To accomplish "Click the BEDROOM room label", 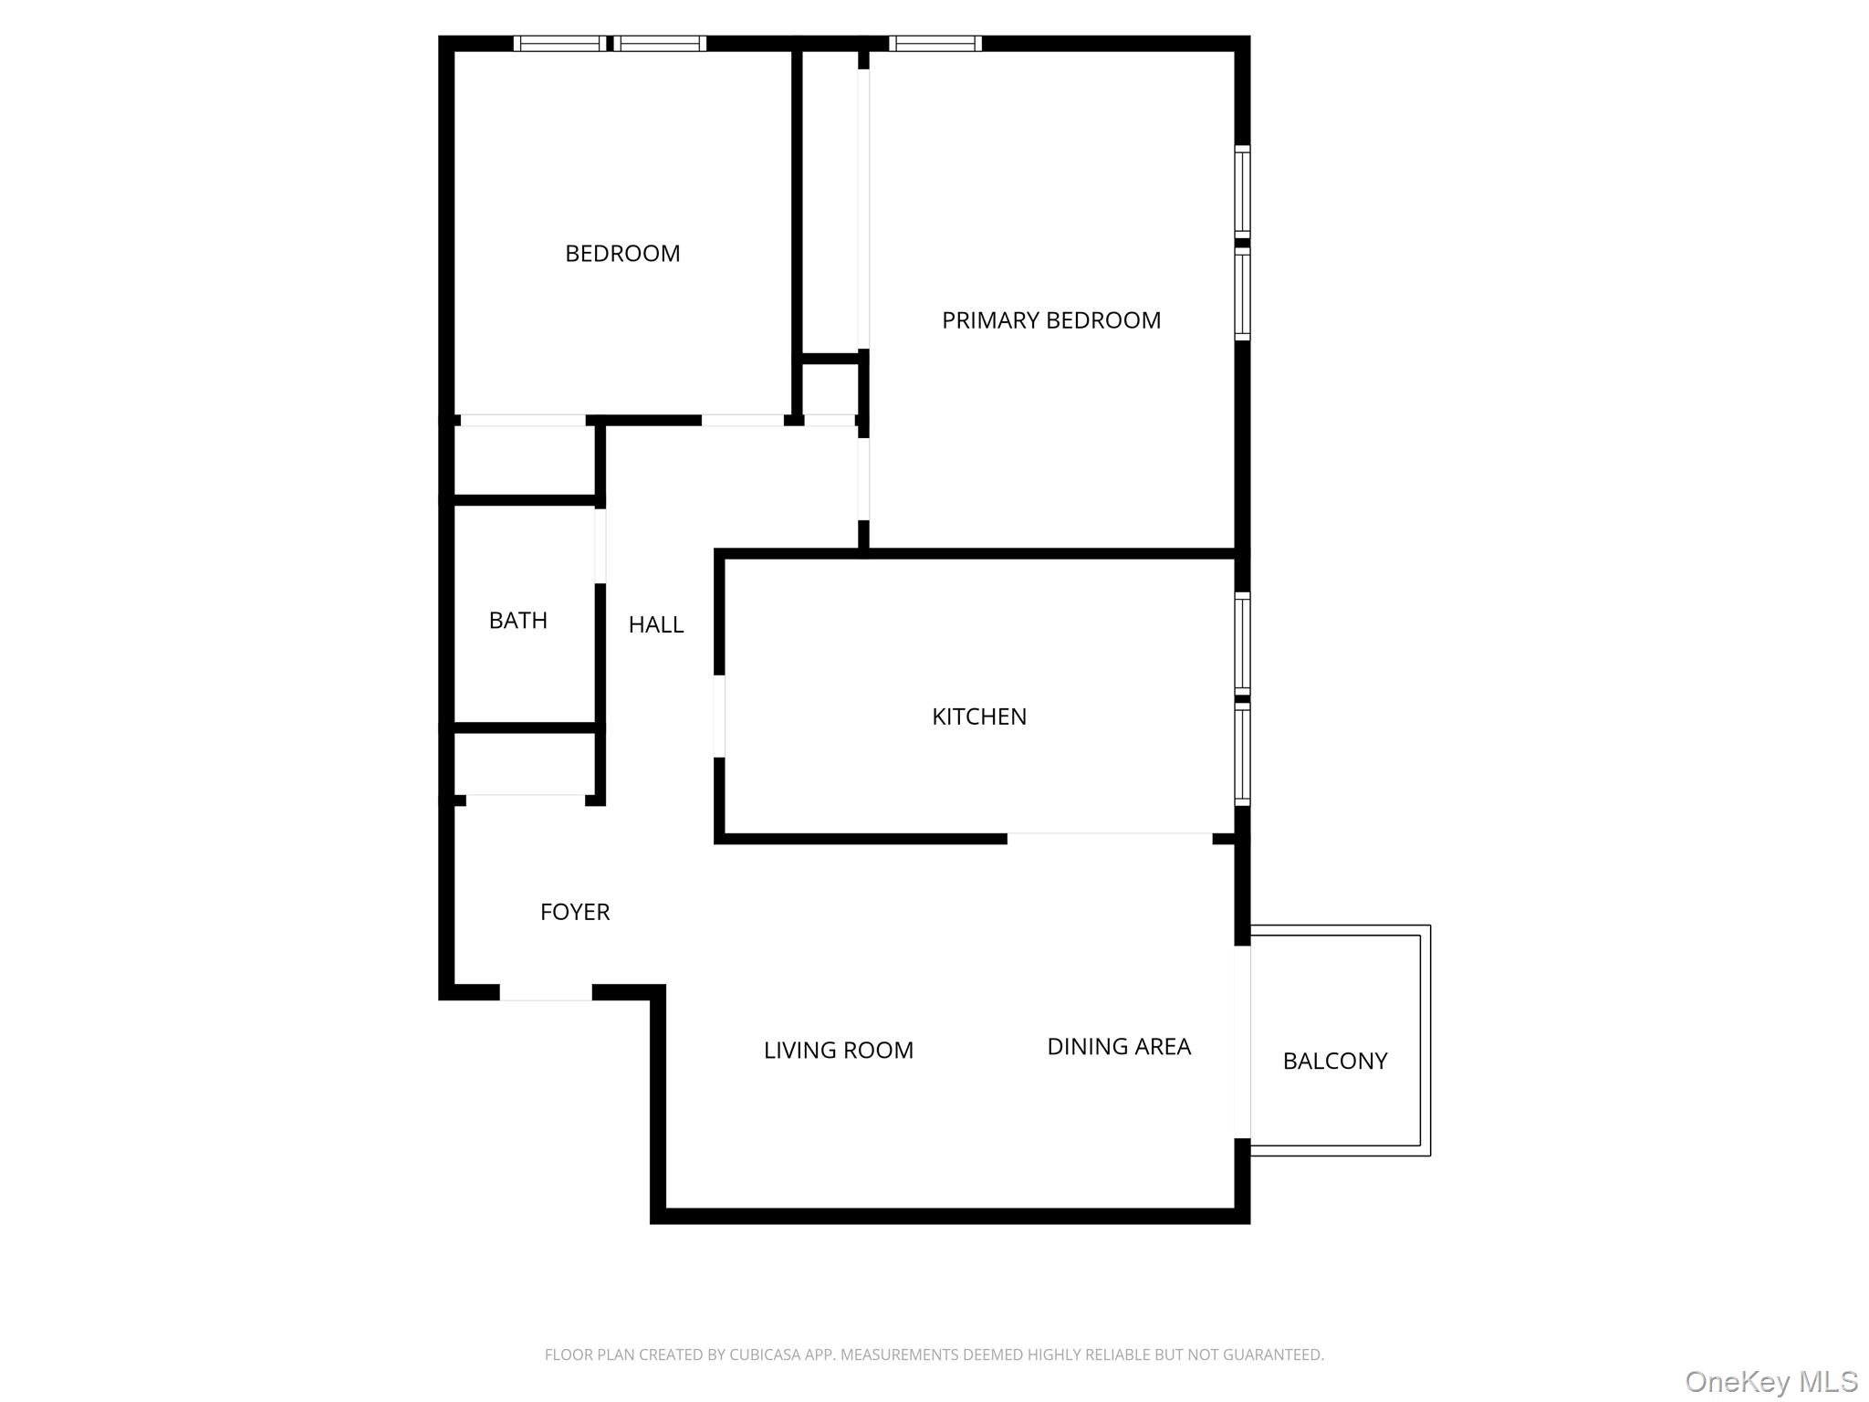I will tap(622, 254).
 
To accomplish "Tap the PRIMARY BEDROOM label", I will tap(1051, 320).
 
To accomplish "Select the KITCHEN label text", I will tap(979, 717).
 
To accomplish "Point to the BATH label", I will tap(518, 621).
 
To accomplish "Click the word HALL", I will tap(656, 625).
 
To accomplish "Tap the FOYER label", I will tap(575, 912).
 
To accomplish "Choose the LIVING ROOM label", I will tap(839, 1051).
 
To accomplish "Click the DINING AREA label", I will tap(1119, 1047).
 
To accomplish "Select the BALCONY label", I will tap(1335, 1061).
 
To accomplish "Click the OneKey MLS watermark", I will tap(1770, 1382).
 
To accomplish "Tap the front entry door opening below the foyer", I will tap(546, 992).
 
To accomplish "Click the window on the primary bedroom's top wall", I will tap(935, 43).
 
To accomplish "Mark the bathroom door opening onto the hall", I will tap(600, 546).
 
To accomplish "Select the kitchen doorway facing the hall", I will tap(719, 716).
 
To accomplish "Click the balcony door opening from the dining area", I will tap(1242, 1041).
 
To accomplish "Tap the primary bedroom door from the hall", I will tap(863, 478).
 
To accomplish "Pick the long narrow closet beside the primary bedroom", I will tap(830, 201).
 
